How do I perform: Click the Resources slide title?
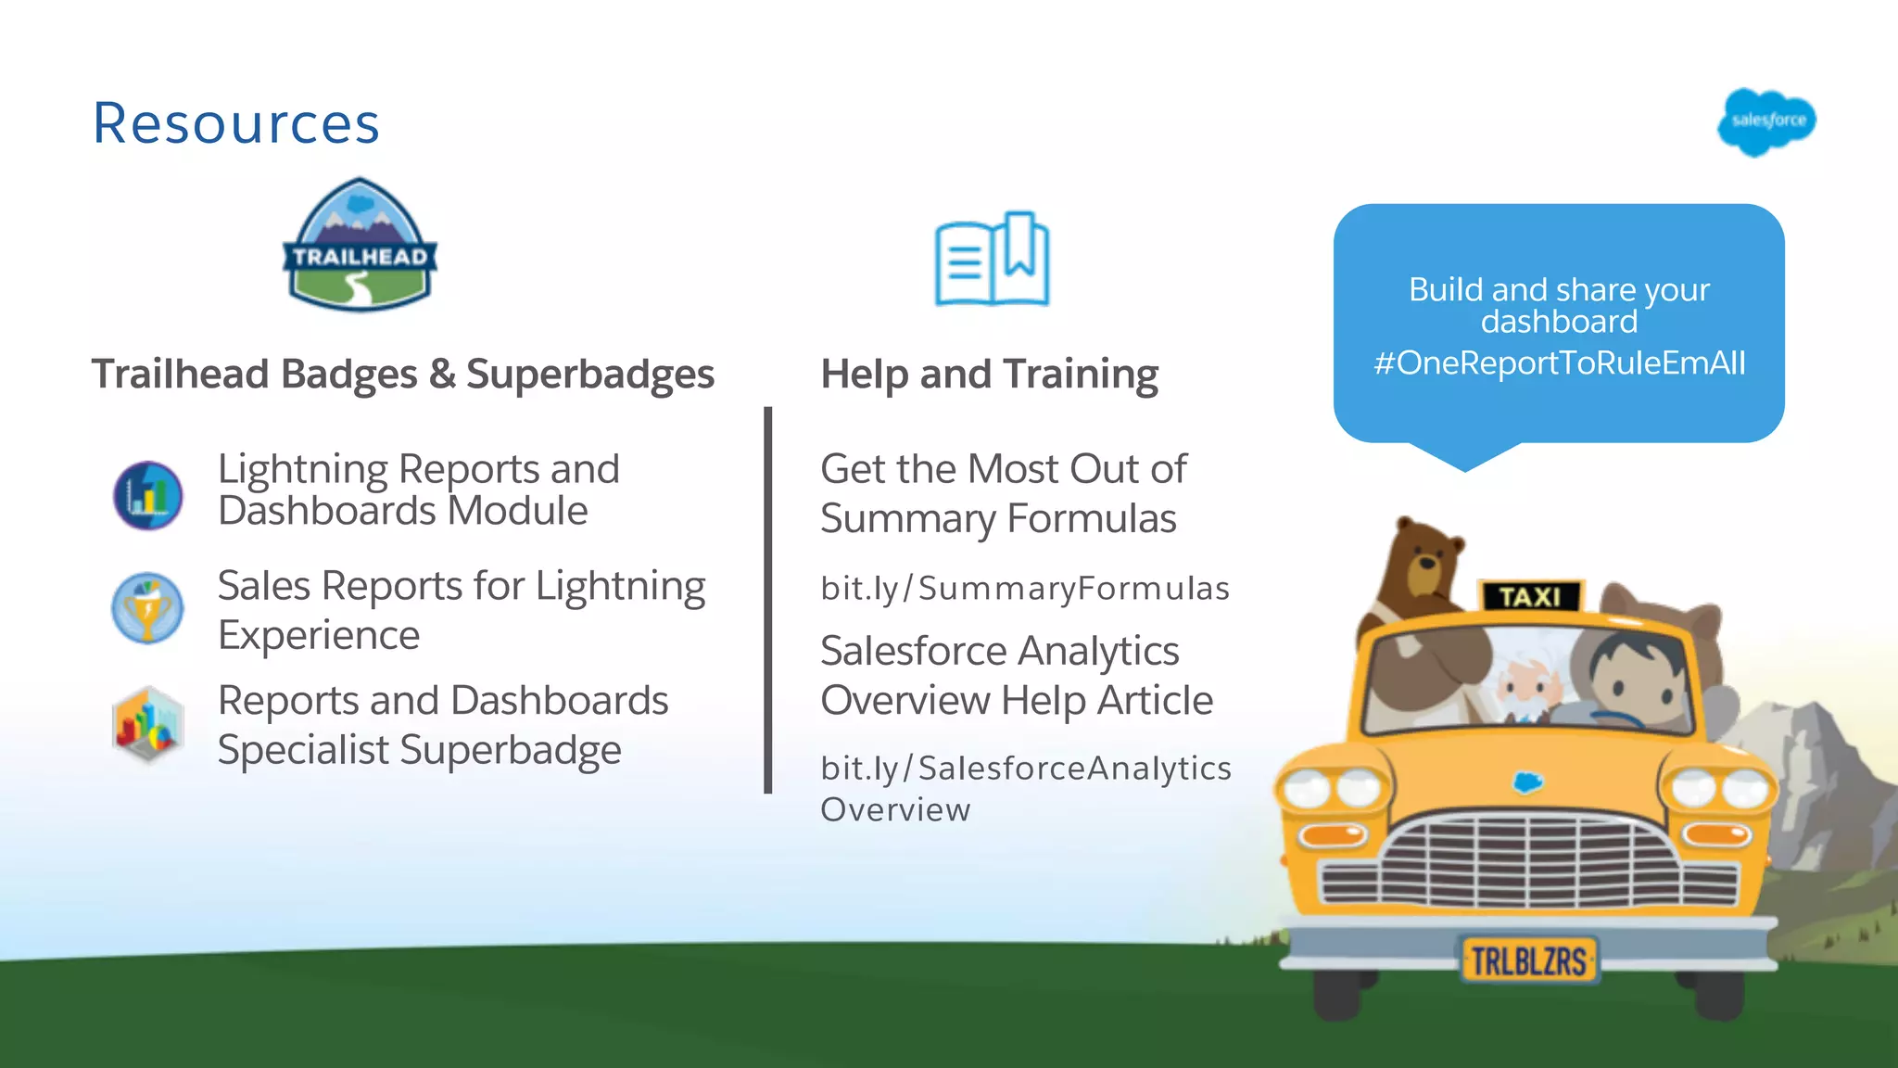pyautogui.click(x=236, y=123)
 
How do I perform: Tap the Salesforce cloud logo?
pyautogui.click(x=1766, y=121)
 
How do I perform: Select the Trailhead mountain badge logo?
pyautogui.click(x=360, y=246)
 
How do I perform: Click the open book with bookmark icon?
pyautogui.click(x=992, y=260)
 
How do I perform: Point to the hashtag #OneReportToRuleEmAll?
pyautogui.click(x=1559, y=362)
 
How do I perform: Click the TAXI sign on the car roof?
pyautogui.click(x=1529, y=596)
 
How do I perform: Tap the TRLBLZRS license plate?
pyautogui.click(x=1528, y=960)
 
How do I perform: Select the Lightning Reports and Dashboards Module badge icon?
pyautogui.click(x=148, y=496)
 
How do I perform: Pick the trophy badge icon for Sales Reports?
pyautogui.click(x=147, y=608)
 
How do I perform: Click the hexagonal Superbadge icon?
pyautogui.click(x=147, y=724)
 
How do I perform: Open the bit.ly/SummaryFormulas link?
pyautogui.click(x=1025, y=589)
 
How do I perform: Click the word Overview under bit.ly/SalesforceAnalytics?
pyautogui.click(x=895, y=810)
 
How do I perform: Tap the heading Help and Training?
pyautogui.click(x=989, y=375)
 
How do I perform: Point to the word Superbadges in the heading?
pyautogui.click(x=589, y=375)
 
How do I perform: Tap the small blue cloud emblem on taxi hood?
pyautogui.click(x=1527, y=782)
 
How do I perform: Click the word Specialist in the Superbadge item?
pyautogui.click(x=303, y=750)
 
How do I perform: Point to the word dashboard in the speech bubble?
pyautogui.click(x=1559, y=322)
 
